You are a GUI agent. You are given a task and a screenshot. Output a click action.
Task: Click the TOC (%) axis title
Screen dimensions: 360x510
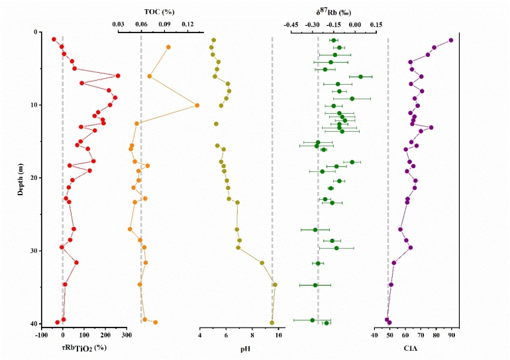click(x=160, y=11)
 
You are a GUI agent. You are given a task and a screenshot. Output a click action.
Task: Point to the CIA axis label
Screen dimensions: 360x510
click(x=415, y=347)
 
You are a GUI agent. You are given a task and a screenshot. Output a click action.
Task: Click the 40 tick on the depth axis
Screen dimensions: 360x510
click(x=36, y=324)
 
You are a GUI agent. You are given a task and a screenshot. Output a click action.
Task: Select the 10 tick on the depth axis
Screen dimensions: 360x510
click(x=36, y=105)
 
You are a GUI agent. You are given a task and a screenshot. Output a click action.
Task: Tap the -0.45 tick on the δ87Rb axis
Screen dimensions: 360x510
click(x=291, y=24)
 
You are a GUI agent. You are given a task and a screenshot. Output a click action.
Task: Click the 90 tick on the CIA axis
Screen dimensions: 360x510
click(x=452, y=335)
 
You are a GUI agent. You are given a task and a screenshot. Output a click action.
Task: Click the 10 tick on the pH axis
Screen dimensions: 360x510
click(x=278, y=335)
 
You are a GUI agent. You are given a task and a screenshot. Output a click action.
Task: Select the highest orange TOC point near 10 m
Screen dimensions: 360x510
click(x=197, y=105)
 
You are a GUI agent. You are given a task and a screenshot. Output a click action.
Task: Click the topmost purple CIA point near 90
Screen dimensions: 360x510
click(x=451, y=40)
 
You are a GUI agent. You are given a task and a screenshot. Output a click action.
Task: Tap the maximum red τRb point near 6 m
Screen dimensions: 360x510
click(x=118, y=76)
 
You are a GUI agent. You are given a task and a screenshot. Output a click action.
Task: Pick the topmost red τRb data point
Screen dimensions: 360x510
click(x=54, y=40)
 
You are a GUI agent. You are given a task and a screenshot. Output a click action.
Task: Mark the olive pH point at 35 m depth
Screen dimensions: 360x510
click(x=275, y=285)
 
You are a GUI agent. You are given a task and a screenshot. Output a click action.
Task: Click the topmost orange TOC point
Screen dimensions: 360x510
click(x=168, y=47)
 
